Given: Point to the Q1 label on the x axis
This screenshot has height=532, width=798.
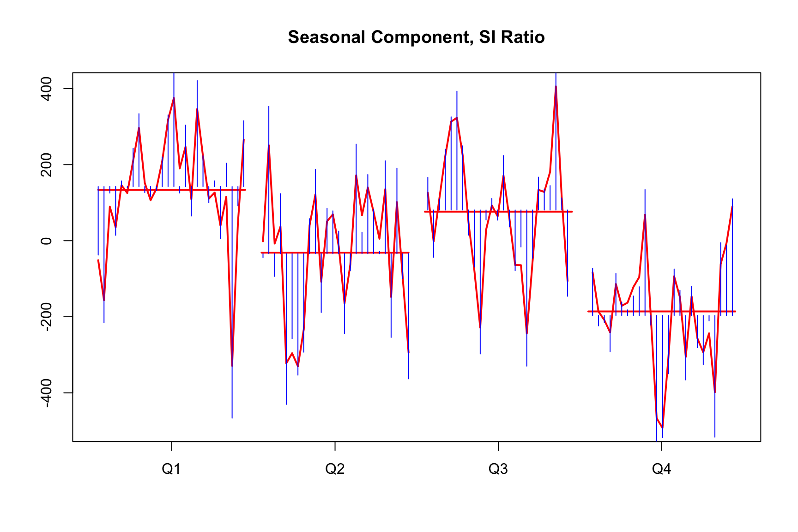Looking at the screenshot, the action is click(x=171, y=469).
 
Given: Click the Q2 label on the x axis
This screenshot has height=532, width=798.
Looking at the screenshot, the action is click(x=335, y=469).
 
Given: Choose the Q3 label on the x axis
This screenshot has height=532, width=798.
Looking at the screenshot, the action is click(x=498, y=469).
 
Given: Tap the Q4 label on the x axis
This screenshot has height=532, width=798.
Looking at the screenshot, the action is click(x=661, y=469).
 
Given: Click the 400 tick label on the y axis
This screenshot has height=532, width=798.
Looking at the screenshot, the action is click(x=47, y=89).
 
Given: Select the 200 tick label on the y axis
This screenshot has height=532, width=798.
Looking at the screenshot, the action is click(x=47, y=165).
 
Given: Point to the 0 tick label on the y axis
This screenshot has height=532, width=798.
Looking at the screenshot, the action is click(x=47, y=241).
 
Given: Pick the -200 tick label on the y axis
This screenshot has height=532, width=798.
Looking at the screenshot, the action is click(x=47, y=317).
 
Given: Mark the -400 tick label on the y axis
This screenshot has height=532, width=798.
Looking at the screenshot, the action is click(x=47, y=393).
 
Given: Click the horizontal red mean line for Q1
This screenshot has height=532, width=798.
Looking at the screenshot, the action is click(x=172, y=190).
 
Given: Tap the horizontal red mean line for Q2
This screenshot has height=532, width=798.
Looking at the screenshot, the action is click(x=335, y=253).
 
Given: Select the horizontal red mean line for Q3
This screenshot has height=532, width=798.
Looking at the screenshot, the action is click(x=498, y=212).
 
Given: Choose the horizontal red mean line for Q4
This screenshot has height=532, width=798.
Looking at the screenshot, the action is click(x=661, y=312).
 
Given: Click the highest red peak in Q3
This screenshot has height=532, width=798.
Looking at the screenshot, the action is click(x=556, y=86).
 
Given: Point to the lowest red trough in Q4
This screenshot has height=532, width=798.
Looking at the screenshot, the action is click(x=662, y=428).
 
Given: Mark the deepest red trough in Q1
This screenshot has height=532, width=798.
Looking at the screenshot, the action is click(x=232, y=366).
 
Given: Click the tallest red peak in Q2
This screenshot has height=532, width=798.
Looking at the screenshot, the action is click(x=269, y=145).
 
